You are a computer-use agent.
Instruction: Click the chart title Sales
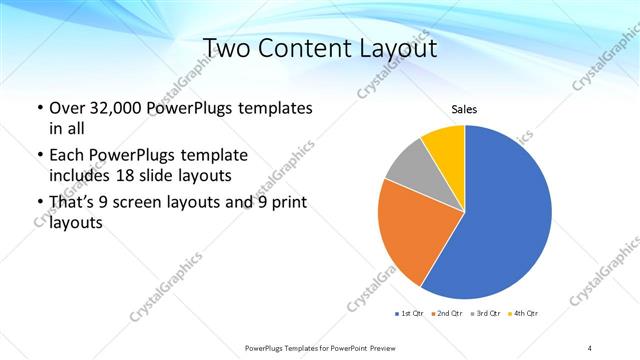coord(464,109)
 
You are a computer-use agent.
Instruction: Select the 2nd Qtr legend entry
coord(447,314)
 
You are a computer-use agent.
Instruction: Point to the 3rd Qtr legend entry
coord(485,314)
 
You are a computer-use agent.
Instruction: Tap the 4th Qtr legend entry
coord(523,314)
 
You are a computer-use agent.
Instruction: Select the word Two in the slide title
coord(230,49)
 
